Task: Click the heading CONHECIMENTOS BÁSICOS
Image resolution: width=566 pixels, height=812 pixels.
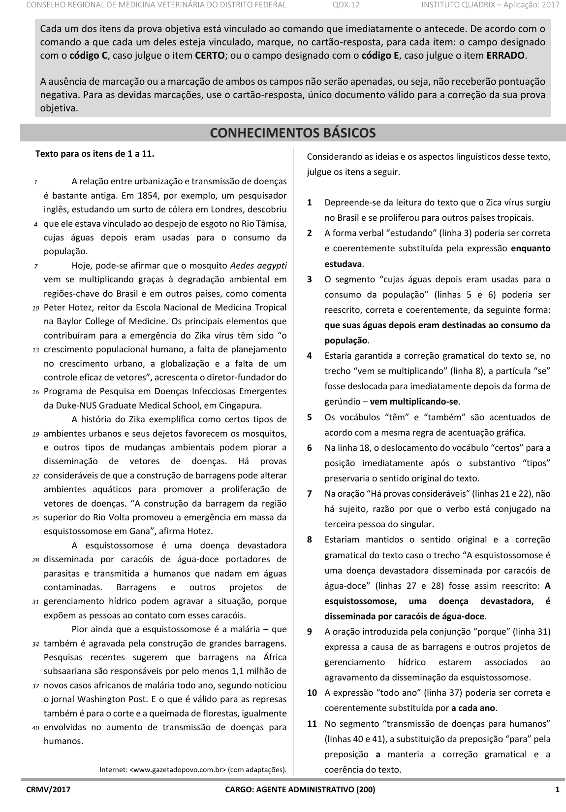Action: [x=293, y=133]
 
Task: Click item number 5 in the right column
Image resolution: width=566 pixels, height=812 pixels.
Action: [x=310, y=417]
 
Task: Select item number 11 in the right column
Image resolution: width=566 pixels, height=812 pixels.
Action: [x=312, y=723]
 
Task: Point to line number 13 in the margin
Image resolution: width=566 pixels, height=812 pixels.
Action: [x=35, y=350]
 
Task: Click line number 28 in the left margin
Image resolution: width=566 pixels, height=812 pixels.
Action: [x=35, y=560]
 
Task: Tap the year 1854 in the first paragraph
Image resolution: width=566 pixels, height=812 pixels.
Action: [x=141, y=196]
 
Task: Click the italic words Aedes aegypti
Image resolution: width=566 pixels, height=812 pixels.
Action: [x=258, y=266]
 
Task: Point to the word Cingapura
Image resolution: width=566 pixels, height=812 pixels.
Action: [x=242, y=406]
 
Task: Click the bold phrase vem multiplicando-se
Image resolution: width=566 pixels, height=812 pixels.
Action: [x=414, y=401]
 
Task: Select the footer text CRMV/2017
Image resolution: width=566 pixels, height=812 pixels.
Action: [x=49, y=789]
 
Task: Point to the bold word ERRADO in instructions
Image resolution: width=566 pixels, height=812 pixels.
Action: [x=505, y=55]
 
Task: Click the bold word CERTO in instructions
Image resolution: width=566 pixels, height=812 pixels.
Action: [x=210, y=55]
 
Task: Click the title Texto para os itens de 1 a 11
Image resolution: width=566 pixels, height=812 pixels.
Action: [x=95, y=154]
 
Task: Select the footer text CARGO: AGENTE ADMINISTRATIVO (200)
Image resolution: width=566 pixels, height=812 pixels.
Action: [x=300, y=789]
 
